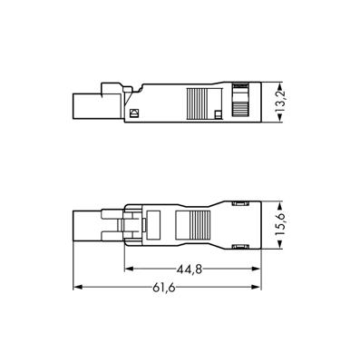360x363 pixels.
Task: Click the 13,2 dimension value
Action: [x=281, y=103]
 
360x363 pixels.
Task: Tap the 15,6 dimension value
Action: [x=281, y=225]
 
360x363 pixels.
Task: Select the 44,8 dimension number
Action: [x=190, y=270]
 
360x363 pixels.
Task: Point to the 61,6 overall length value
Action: [x=164, y=288]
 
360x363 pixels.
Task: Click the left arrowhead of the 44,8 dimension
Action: [x=129, y=269]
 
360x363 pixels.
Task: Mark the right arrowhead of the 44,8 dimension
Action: [x=257, y=269]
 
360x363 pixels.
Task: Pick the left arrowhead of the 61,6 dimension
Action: [x=78, y=287]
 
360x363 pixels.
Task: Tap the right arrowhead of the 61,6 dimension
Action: [x=257, y=287]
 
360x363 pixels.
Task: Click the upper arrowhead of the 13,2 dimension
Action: [x=281, y=86]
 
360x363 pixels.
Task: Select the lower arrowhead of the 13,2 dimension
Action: [x=281, y=118]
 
